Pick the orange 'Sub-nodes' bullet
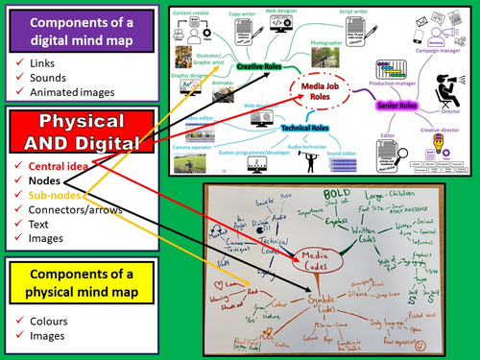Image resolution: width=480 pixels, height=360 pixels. [x=54, y=195]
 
